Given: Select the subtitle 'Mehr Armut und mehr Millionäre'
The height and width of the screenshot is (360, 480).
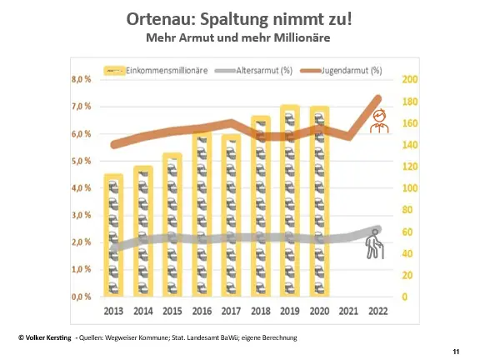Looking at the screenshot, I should tap(239, 37).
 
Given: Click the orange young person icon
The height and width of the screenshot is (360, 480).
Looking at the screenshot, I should tap(379, 123).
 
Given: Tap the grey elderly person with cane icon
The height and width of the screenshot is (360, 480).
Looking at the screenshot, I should tap(377, 247).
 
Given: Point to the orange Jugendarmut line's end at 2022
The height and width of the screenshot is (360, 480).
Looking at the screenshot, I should tap(379, 98).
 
